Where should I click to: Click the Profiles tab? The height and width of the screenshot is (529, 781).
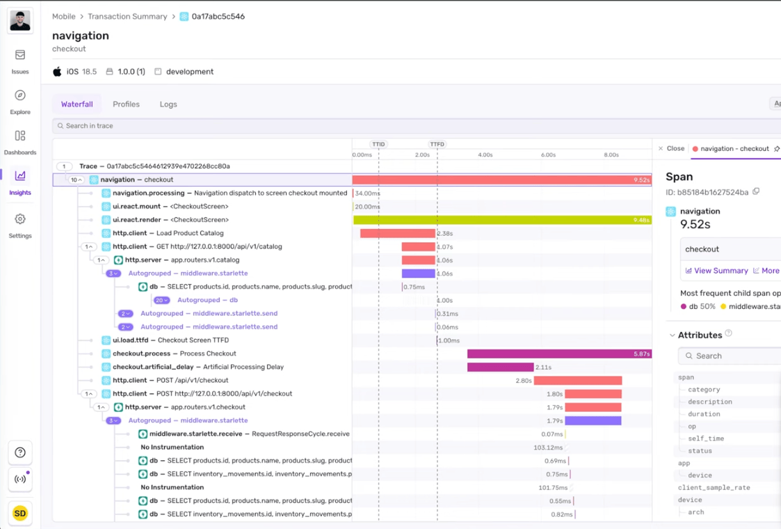click(126, 104)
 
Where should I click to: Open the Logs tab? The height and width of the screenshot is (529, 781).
click(168, 104)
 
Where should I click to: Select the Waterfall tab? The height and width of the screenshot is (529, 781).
click(77, 104)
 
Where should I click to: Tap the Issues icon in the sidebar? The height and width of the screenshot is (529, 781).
click(20, 56)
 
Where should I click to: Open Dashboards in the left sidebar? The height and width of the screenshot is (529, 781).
click(20, 136)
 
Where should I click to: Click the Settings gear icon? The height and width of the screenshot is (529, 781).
click(20, 219)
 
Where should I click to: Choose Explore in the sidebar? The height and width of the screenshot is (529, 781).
click(20, 96)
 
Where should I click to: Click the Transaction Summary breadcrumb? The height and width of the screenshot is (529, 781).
click(127, 17)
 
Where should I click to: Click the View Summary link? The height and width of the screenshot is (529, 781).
click(720, 271)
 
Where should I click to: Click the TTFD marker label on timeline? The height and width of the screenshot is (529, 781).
click(437, 144)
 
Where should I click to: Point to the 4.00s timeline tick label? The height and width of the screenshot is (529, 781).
click(485, 155)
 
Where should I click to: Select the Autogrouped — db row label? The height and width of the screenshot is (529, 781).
click(207, 300)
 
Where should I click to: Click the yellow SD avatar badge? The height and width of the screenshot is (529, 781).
click(20, 514)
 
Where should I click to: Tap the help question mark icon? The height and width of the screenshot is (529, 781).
click(20, 453)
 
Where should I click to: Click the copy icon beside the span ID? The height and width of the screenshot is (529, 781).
click(756, 192)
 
